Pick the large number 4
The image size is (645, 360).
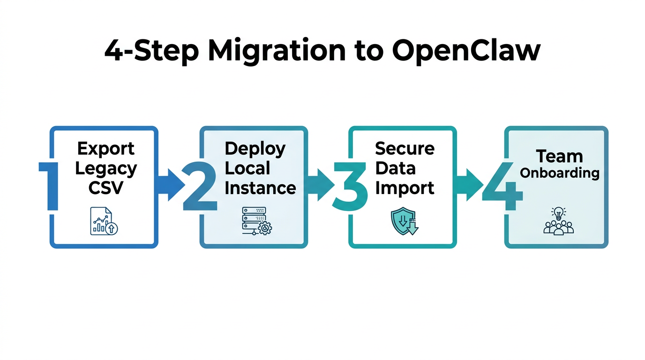[502, 186]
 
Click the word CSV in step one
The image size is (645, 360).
[105, 187]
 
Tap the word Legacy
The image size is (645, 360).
[106, 168]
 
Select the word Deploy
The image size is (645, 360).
[255, 149]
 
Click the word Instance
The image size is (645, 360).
[260, 188]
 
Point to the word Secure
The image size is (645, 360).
[405, 149]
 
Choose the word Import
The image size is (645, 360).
[405, 188]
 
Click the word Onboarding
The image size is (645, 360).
[560, 173]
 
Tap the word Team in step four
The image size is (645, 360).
[559, 156]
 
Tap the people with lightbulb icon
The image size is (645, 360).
[558, 221]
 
